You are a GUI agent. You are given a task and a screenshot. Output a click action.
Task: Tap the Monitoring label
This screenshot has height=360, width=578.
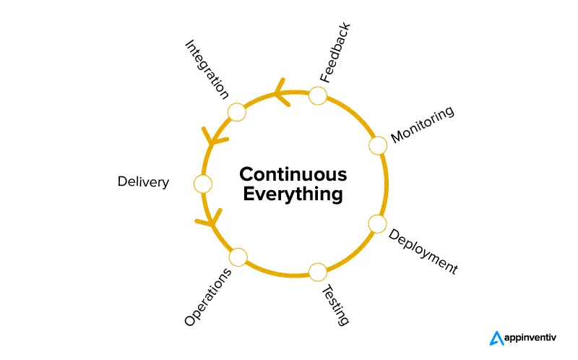pyautogui.click(x=423, y=124)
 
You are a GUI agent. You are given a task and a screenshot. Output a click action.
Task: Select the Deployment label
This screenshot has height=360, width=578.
pyautogui.click(x=423, y=252)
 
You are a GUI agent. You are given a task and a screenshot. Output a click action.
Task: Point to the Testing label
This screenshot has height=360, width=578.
pyautogui.click(x=335, y=304)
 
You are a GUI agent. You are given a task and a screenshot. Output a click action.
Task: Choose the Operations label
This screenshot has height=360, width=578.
pyautogui.click(x=208, y=297)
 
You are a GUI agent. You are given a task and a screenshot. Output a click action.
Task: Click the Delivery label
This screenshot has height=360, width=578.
pyautogui.click(x=143, y=182)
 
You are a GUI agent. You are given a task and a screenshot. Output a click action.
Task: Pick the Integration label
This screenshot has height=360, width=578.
pyautogui.click(x=207, y=69)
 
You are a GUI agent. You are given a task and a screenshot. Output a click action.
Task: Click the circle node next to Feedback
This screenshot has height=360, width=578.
pyautogui.click(x=318, y=95)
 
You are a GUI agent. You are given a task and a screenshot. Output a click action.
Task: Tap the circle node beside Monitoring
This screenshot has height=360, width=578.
pyautogui.click(x=378, y=145)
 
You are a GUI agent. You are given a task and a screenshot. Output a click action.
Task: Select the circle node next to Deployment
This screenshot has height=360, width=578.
pyautogui.click(x=377, y=223)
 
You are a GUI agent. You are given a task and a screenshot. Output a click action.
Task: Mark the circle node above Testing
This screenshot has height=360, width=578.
pyautogui.click(x=318, y=272)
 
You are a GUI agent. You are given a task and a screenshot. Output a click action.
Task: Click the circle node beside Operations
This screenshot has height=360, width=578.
pyautogui.click(x=238, y=257)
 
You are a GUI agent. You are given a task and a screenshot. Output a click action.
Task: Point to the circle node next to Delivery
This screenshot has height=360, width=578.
pyautogui.click(x=203, y=184)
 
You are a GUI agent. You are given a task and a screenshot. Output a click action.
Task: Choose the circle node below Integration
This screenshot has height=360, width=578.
pyautogui.click(x=237, y=111)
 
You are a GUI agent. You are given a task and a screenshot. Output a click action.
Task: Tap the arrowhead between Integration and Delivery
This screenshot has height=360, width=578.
pyautogui.click(x=212, y=137)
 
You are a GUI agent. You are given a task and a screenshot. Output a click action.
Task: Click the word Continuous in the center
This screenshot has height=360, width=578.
pyautogui.click(x=293, y=174)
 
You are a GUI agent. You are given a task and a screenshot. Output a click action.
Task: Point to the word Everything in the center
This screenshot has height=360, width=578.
pyautogui.click(x=293, y=194)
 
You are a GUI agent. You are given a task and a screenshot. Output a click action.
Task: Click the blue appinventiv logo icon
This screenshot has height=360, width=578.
pyautogui.click(x=496, y=338)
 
